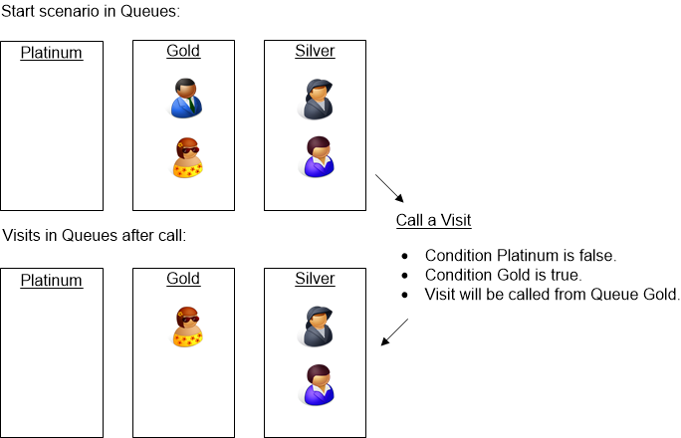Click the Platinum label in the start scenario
point(51,54)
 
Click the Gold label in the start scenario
point(183,51)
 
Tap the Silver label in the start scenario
point(315,51)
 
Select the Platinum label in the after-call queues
point(51,281)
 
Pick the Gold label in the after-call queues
point(183,279)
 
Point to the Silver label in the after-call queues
point(315,279)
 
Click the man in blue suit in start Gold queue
point(185,98)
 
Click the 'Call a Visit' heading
point(433,220)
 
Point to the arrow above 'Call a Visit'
point(387,188)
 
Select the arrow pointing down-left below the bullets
point(395,332)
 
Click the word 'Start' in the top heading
point(19,12)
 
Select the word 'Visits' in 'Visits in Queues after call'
point(22,237)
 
